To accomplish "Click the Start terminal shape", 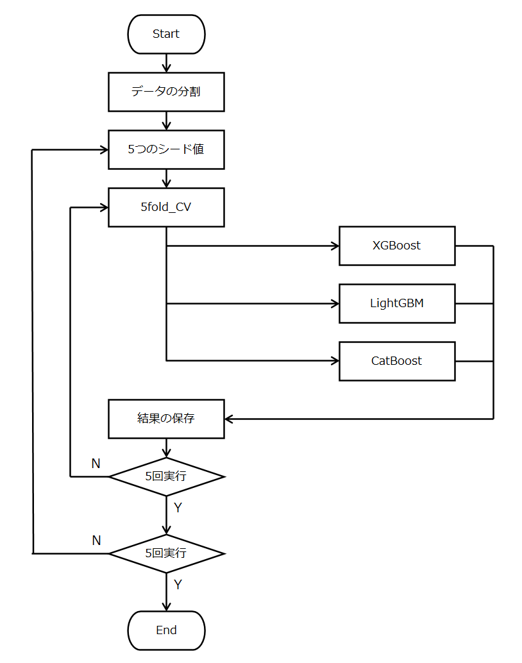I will pos(166,34).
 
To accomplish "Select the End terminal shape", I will pos(166,630).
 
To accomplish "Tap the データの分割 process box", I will pos(166,92).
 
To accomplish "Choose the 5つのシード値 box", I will pos(166,149).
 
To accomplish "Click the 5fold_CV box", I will pos(166,207).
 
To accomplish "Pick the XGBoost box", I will pos(397,246).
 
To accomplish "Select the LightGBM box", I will pos(397,303).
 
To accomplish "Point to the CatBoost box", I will pos(397,361).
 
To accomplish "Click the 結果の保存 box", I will pos(166,419).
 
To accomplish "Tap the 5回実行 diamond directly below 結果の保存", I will pos(166,476).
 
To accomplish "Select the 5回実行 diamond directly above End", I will pos(166,553).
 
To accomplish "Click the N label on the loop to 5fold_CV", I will pos(96,463).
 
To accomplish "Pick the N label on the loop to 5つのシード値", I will pos(96,540).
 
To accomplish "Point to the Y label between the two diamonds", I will pos(178,508).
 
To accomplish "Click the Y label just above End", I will pos(178,585).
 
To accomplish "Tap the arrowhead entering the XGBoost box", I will pos(334,246).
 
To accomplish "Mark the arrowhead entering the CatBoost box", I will pos(334,361).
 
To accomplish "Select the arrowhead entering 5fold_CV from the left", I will pos(103,207).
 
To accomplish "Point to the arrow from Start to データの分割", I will pos(166,63).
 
